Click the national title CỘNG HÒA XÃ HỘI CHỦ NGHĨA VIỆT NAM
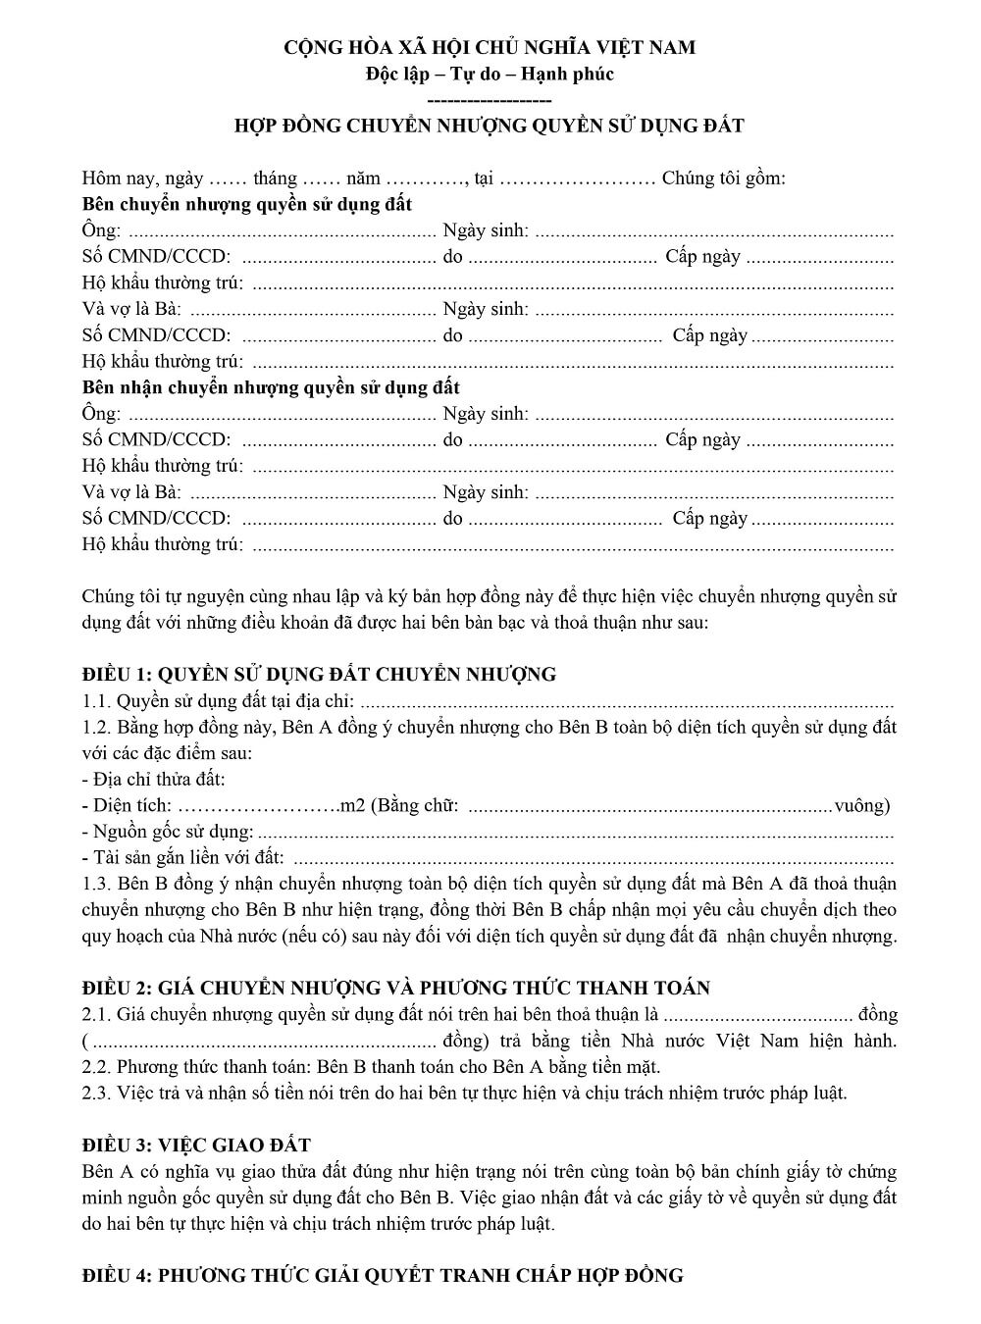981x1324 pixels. (490, 47)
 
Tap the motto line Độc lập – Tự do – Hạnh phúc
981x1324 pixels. (490, 74)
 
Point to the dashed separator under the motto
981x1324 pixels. (490, 100)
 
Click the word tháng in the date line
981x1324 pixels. (275, 178)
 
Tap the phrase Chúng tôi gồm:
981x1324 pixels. (724, 178)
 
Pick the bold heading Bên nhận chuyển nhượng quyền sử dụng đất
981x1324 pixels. (271, 387)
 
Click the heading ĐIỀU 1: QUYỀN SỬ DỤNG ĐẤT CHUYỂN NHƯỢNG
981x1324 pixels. (319, 674)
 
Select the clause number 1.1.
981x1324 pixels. (96, 701)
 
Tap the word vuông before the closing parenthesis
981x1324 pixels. (858, 806)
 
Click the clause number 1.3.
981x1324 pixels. (96, 885)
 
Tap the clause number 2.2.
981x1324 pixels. (96, 1067)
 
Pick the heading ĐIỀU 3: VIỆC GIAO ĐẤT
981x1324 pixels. (196, 1145)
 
